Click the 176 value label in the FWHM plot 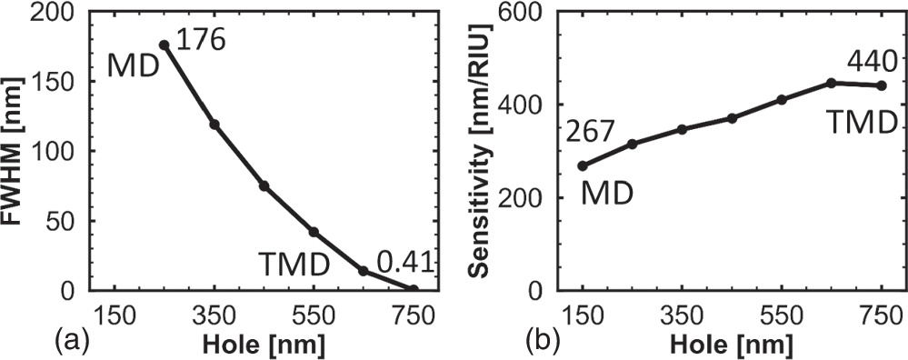(x=200, y=40)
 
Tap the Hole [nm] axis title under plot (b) (x=732, y=345)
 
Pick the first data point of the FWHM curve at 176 (x=164, y=45)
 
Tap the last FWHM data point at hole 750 (x=414, y=290)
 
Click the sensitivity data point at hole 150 (x=583, y=165)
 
